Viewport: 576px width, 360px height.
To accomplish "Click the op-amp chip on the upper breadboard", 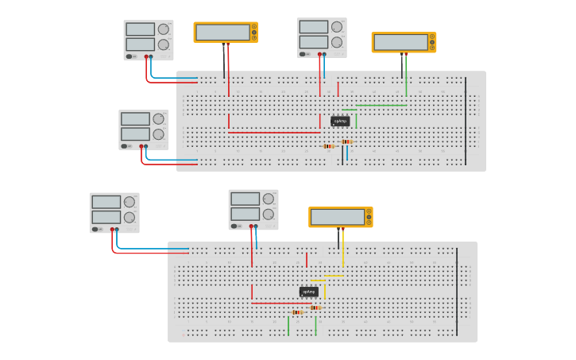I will click(x=340, y=121).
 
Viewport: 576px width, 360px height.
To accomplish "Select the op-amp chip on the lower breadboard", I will click(x=308, y=292).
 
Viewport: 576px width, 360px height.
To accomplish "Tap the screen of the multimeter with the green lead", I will click(x=400, y=42).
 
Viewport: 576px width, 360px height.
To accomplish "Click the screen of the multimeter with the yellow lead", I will click(x=338, y=216).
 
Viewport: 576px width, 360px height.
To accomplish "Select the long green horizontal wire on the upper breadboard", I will click(x=381, y=105).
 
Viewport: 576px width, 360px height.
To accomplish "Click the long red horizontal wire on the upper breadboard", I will click(x=274, y=132).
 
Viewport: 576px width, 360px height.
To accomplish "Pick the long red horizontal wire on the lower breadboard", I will click(x=281, y=303).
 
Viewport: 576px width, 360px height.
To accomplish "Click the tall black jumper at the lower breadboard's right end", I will click(x=457, y=292).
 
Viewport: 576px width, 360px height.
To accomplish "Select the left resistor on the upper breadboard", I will click(x=329, y=146).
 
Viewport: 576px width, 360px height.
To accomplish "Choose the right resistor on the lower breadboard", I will click(x=315, y=308).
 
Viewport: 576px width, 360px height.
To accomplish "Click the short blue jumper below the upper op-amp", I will click(x=347, y=153).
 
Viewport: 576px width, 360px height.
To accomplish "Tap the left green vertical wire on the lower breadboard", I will click(x=288, y=325).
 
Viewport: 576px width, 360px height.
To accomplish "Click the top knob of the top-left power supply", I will click(x=163, y=29).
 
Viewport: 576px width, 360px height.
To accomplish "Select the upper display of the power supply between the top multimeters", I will click(x=313, y=27).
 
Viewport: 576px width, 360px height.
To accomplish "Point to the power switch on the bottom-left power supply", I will click(x=96, y=229).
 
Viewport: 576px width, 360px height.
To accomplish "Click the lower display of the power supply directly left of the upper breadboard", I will click(x=134, y=134).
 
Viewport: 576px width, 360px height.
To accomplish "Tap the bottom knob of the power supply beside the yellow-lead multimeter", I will click(x=268, y=215).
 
